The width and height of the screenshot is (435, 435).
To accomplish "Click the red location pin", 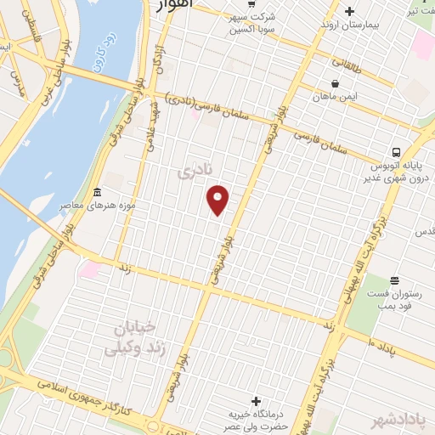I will (219, 200).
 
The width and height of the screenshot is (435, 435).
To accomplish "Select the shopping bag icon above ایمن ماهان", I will (336, 84).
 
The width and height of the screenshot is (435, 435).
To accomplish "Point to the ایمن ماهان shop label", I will (339, 99).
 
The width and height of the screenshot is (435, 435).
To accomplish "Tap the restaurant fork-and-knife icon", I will (394, 280).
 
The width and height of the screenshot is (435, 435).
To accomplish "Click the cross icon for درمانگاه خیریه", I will (256, 400).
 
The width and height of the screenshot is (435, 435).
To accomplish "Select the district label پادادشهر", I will (403, 420).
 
